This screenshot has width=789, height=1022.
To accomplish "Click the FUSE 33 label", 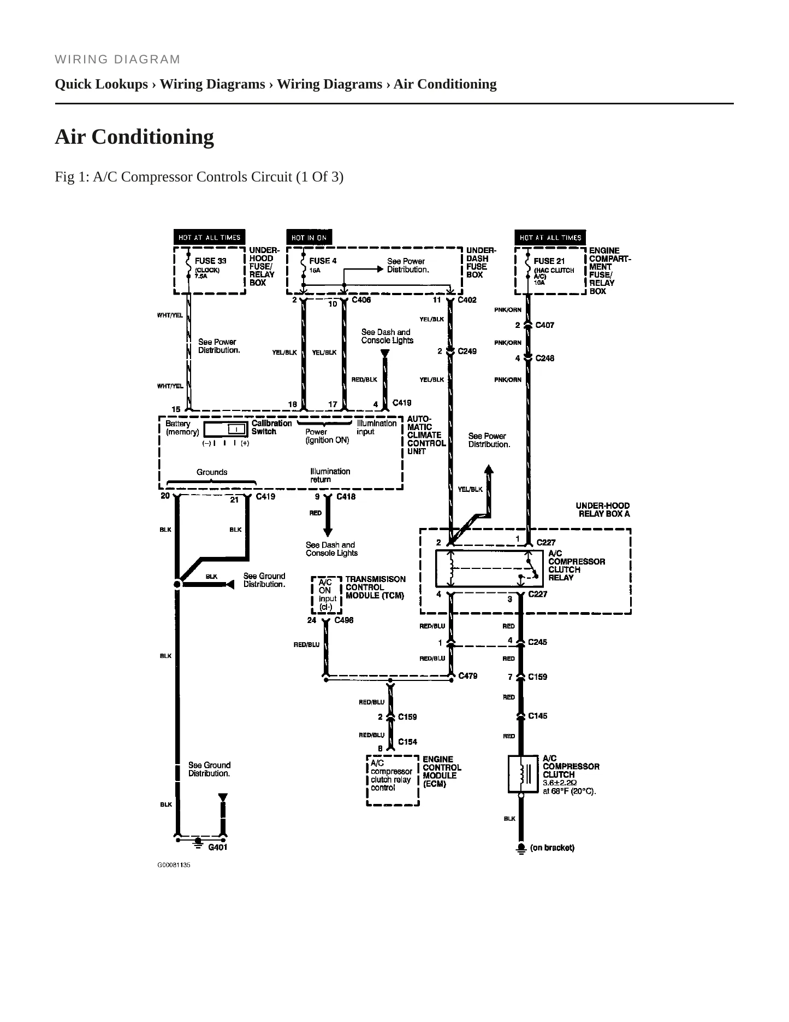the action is pos(210,261).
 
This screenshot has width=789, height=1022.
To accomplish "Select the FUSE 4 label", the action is pos(323,261).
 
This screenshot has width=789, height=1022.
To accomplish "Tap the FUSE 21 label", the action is pos(549,261).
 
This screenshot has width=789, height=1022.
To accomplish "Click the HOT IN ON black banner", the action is pos(309,238).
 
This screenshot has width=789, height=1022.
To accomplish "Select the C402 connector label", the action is pos(467,300).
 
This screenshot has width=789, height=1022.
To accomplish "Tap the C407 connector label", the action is pos(545,325).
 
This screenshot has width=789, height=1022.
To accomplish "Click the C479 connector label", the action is pos(467,676).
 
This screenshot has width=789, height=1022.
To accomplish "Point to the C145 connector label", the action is pos(538,716).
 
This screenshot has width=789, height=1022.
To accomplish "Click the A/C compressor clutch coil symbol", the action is pos(523,774).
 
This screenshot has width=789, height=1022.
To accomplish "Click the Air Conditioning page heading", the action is pos(134,137).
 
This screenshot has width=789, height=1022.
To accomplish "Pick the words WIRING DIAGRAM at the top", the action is pos(117,60).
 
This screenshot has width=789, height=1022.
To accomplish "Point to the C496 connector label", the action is pos(344,620).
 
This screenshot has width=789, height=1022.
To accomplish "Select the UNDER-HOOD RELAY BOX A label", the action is pos(603,510).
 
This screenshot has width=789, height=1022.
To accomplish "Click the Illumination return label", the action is pos(330,475).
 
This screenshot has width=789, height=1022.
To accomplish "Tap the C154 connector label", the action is pos(408,742).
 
